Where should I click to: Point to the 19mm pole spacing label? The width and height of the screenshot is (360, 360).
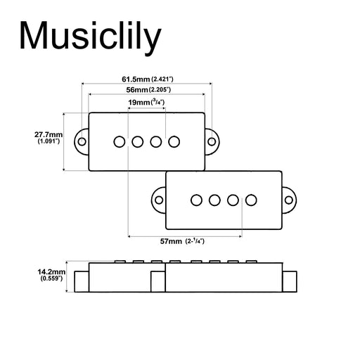[x=139, y=103]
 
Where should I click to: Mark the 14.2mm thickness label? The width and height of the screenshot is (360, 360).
[x=51, y=271]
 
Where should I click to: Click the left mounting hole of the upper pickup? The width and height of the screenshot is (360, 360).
[x=82, y=141]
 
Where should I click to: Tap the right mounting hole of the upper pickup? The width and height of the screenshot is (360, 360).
[x=212, y=141]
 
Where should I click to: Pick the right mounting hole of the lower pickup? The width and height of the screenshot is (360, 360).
[x=288, y=200]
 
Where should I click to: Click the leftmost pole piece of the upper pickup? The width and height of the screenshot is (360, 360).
[x=120, y=141]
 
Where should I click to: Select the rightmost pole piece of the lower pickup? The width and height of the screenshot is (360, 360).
[x=250, y=200]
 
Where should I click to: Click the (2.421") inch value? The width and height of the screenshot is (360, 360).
[x=162, y=80]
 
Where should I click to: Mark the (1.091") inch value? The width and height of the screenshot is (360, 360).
[x=49, y=141]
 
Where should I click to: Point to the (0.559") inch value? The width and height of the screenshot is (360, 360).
[x=51, y=278]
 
